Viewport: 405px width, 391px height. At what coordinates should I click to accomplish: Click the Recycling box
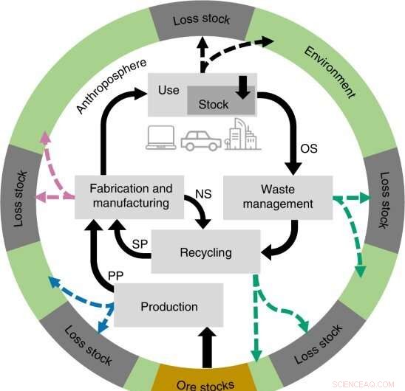point(205,252)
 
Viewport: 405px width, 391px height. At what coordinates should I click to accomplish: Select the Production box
point(169,306)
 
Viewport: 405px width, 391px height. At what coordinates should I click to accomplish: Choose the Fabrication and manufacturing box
point(130,195)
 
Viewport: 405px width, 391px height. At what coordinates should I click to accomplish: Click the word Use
point(169,89)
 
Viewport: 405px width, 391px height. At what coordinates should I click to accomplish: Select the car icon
point(200,139)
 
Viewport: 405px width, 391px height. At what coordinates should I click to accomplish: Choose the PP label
point(115,276)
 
